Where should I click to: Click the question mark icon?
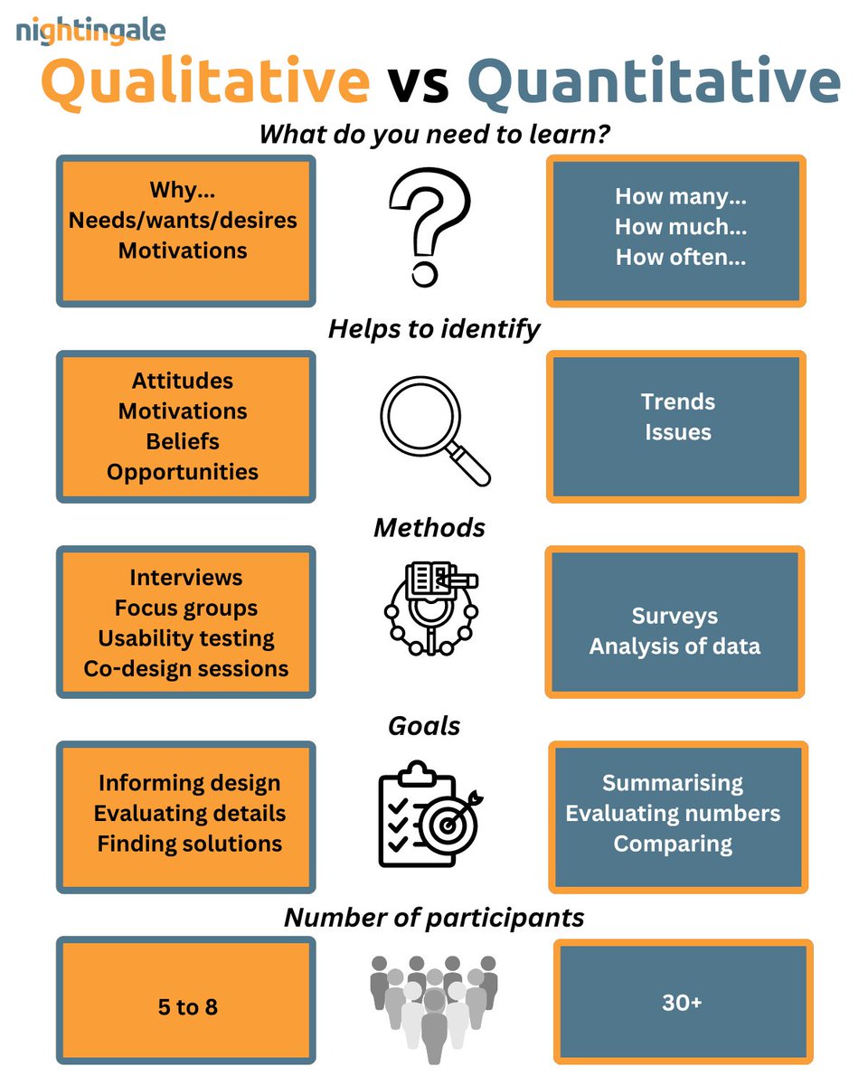pos(429,229)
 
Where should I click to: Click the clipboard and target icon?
pos(429,815)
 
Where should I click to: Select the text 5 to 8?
pos(185,1006)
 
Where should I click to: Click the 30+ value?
pos(682,1003)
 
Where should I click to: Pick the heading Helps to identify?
pos(433,329)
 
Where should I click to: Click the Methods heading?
pos(429,527)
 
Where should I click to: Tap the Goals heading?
pos(424,725)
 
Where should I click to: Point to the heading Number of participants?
pos(434,918)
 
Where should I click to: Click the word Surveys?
pos(675,617)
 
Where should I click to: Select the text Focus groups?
pos(186,608)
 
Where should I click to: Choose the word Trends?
pos(678,401)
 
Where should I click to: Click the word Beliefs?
pos(183,442)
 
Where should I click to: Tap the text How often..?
pos(681,257)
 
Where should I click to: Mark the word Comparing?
pos(673,844)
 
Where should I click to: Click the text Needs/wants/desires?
pos(183,220)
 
